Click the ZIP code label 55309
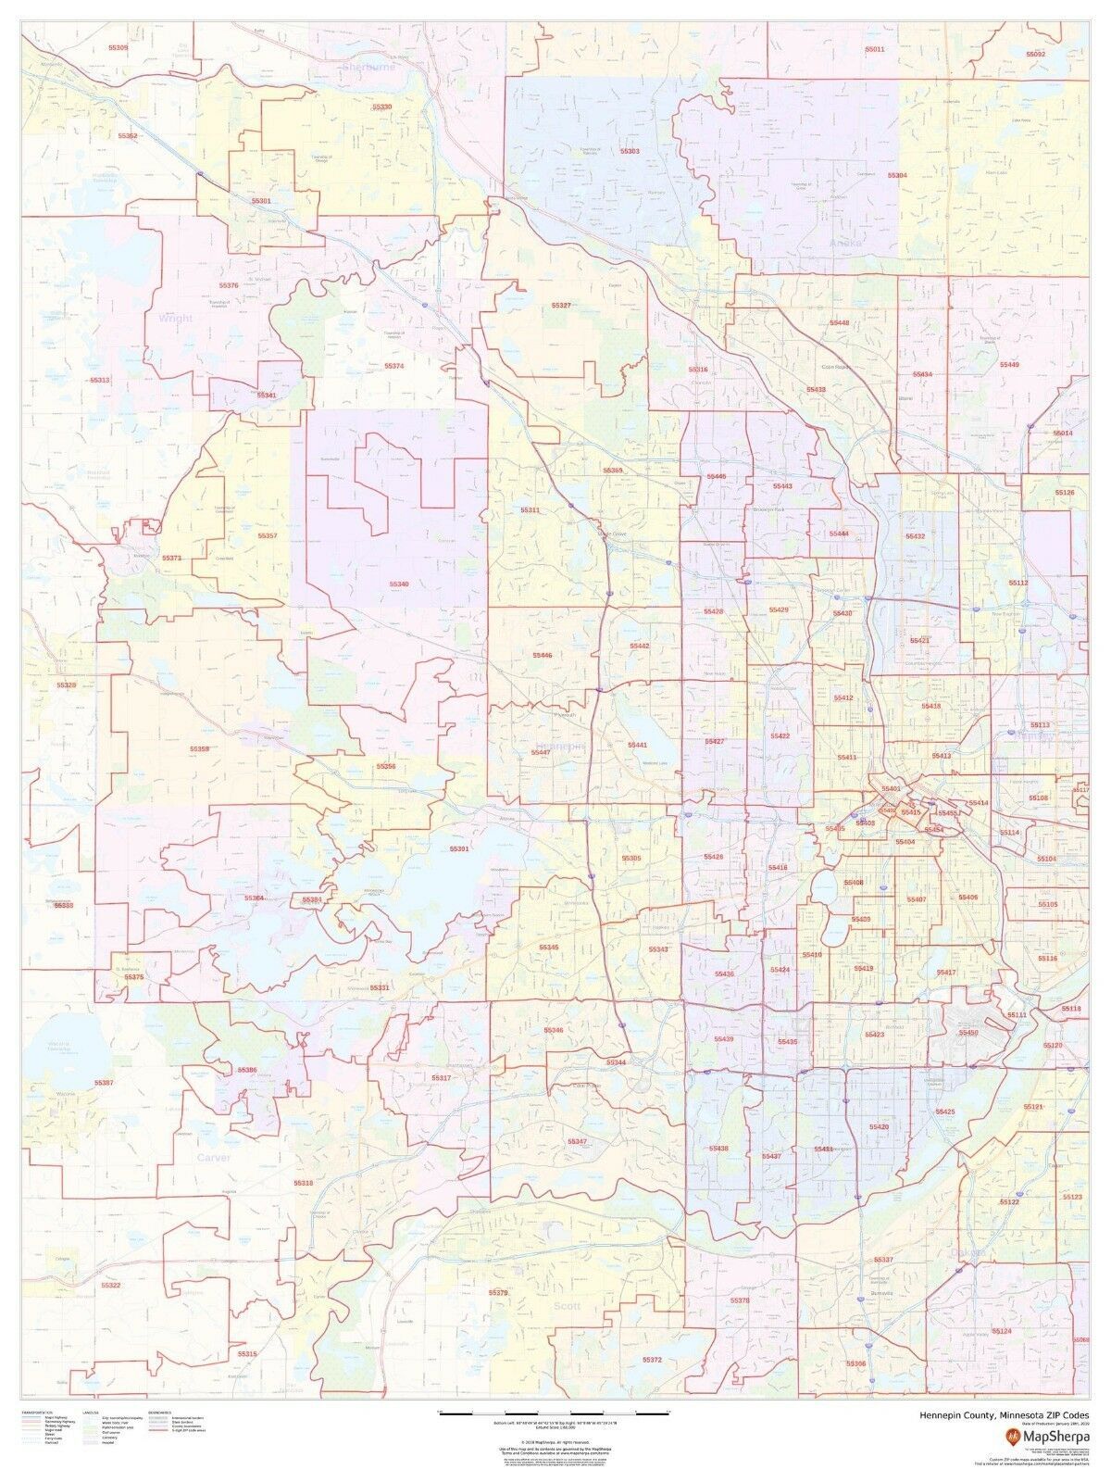point(119,46)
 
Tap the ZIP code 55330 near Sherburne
point(382,107)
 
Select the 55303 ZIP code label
point(630,150)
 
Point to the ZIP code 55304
point(897,175)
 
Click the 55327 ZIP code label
point(561,304)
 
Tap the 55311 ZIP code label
point(530,510)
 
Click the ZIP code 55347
point(578,1142)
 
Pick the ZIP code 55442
point(640,646)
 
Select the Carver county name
point(212,1158)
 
